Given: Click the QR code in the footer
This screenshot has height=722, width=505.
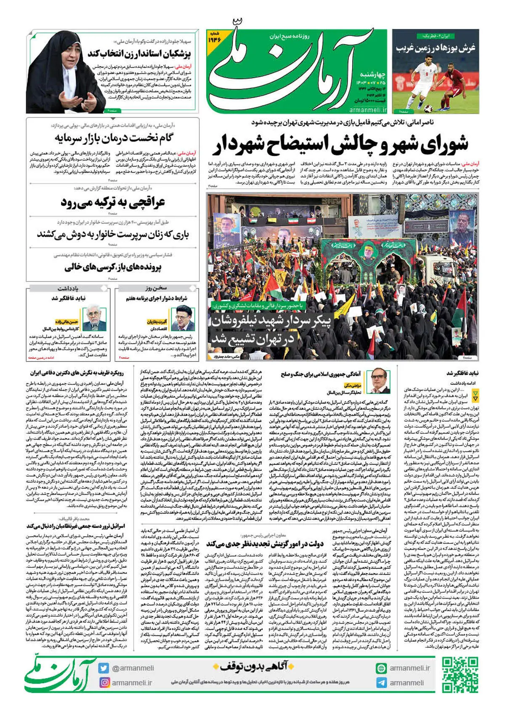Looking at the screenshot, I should (460, 675).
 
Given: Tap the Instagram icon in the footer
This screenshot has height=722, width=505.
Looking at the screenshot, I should (104, 682).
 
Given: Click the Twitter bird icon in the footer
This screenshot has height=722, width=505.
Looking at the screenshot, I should (104, 668).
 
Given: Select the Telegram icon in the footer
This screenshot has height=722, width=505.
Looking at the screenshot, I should (381, 682).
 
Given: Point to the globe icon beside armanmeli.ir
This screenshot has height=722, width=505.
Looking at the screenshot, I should (381, 668).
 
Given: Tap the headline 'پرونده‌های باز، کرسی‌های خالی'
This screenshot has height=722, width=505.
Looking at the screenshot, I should (113, 267).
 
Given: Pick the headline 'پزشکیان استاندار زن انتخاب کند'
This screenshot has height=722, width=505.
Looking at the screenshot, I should (139, 54).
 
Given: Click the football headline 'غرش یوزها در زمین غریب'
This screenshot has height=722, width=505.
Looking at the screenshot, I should (435, 48).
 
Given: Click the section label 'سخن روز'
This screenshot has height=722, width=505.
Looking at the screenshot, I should (157, 288).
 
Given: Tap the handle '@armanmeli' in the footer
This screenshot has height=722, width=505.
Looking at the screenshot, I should (133, 668).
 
